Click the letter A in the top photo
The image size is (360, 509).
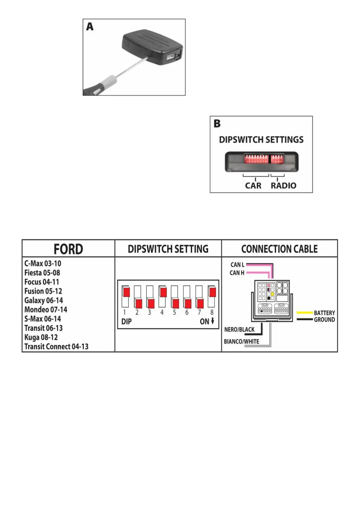pos(90,27)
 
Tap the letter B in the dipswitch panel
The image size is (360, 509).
pos(217,124)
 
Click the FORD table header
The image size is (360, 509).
pos(68,249)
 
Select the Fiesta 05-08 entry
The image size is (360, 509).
pos(42,273)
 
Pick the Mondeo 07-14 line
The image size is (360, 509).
pos(46,310)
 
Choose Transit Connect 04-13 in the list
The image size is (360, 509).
pos(56,346)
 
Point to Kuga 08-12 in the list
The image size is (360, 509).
pos(41,337)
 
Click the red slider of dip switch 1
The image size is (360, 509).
pos(126,292)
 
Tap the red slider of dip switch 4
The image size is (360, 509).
pos(163,292)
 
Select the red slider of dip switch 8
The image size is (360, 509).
pos(213,292)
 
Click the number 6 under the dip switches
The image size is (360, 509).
pos(187,313)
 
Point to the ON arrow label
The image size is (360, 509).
pos(207,321)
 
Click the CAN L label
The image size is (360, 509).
pos(237,265)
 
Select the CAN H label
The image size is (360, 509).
pos(237,273)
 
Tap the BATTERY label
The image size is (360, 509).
pos(324,313)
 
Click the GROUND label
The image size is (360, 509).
pos(324,320)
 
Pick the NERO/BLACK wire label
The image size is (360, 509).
pos(239,329)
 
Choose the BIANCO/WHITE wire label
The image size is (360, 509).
pos(241,342)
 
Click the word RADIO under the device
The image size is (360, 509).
pos(283,186)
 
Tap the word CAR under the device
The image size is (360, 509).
pos(253,186)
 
